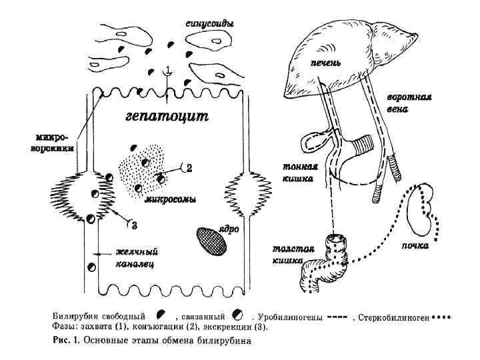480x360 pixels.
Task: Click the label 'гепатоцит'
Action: [x=167, y=117]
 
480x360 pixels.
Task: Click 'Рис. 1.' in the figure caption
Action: [x=66, y=341]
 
